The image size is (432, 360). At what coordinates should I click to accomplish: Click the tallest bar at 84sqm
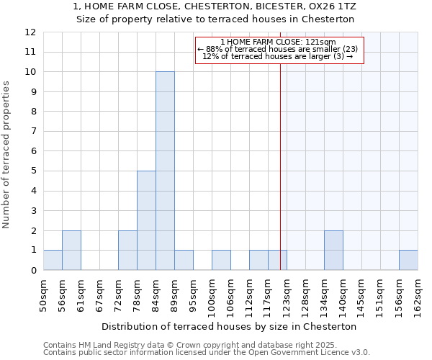point(165,171)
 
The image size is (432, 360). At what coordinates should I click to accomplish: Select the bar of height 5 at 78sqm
point(146,220)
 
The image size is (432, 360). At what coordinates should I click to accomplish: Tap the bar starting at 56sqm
point(71,251)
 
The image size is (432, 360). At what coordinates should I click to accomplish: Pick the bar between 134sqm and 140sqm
point(333,251)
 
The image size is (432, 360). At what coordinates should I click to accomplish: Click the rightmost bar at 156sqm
point(408,260)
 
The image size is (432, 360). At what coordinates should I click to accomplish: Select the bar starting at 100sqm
point(221,260)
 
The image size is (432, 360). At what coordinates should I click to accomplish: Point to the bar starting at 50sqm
point(53,260)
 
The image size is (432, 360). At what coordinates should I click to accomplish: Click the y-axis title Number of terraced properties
point(7,154)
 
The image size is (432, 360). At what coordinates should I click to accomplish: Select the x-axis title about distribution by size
point(229,326)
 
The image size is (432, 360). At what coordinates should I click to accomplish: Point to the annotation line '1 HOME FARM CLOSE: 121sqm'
point(278,42)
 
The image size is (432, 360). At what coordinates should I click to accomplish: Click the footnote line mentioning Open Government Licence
point(207,353)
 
